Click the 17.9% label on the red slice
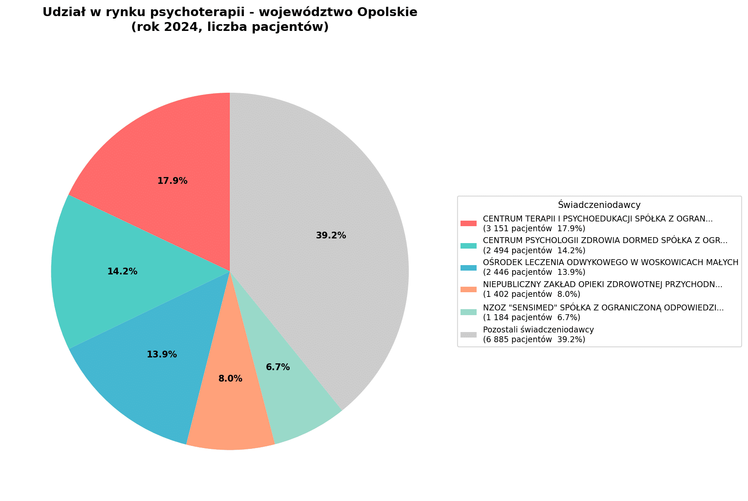[x=172, y=181]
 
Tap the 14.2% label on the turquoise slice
[x=122, y=271]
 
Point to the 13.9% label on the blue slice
[x=162, y=354]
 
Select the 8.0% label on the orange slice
[x=230, y=379]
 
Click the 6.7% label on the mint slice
[x=278, y=367]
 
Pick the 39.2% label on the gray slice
[x=331, y=235]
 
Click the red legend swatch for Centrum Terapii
[x=469, y=223]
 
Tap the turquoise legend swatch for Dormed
[x=469, y=245]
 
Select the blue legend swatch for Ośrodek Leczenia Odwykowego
[x=469, y=267]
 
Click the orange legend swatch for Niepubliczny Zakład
[x=469, y=289]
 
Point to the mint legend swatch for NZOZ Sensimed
[x=469, y=312]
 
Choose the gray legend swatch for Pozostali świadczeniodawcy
[x=469, y=335]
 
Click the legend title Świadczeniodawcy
[x=599, y=205]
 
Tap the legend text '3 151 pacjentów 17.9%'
[x=534, y=229]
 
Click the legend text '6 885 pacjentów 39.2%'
[x=534, y=339]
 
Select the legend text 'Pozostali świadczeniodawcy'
[x=538, y=329]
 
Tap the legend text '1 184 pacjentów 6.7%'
[x=531, y=317]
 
